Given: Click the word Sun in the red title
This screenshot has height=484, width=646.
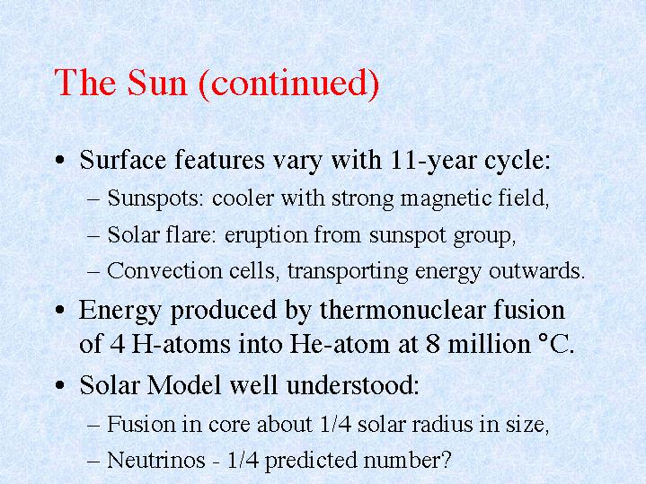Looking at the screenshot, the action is [157, 83].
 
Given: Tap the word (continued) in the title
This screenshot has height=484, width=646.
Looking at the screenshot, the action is [288, 84].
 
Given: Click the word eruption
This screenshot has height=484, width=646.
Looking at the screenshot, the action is [266, 236].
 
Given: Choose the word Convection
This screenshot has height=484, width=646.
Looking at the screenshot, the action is [164, 271].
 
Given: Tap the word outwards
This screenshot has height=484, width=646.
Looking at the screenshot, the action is [536, 271].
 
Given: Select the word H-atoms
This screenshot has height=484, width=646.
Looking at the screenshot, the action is [181, 344].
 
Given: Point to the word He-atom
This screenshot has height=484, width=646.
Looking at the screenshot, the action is [340, 344].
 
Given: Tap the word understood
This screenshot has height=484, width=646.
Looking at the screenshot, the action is [352, 385].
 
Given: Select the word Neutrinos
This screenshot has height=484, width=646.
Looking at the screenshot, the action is [155, 460].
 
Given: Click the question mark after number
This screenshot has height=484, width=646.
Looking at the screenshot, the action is [446, 460].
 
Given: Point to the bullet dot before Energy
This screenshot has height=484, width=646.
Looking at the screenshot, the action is [60, 310].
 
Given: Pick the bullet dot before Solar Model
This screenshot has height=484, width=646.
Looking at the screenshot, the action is [60, 385].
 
